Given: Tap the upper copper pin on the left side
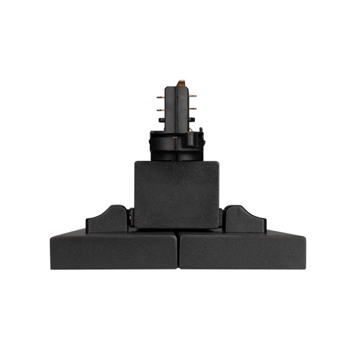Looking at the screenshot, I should coord(160,97).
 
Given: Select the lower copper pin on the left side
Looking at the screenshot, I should coord(160,110).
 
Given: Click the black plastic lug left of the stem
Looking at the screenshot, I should coord(161,120).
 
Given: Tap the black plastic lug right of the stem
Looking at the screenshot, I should coord(194,119).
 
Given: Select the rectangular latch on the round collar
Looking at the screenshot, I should coord(191,140).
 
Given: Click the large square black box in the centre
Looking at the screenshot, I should coord(176,193).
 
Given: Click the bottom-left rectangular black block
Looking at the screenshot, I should coord(114,250).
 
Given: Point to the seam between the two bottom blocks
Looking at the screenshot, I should coord(178,249).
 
